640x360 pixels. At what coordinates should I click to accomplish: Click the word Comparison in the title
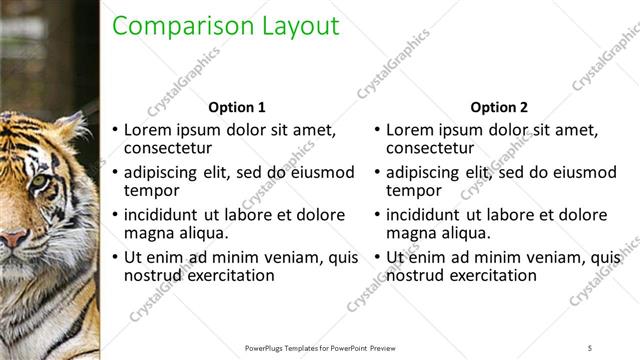coord(172,27)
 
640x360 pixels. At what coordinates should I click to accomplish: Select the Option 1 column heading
coord(236,107)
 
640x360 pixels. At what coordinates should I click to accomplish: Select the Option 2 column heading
coord(498,107)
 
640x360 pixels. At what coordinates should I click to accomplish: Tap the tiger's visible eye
coord(37,181)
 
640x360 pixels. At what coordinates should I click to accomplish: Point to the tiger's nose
coord(12,237)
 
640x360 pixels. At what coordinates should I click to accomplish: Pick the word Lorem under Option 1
coord(148,130)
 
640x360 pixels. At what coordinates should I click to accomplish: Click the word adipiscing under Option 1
coord(165,172)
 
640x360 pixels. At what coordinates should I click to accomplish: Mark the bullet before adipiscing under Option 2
coord(377,172)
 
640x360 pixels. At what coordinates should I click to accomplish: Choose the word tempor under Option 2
coord(412,190)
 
